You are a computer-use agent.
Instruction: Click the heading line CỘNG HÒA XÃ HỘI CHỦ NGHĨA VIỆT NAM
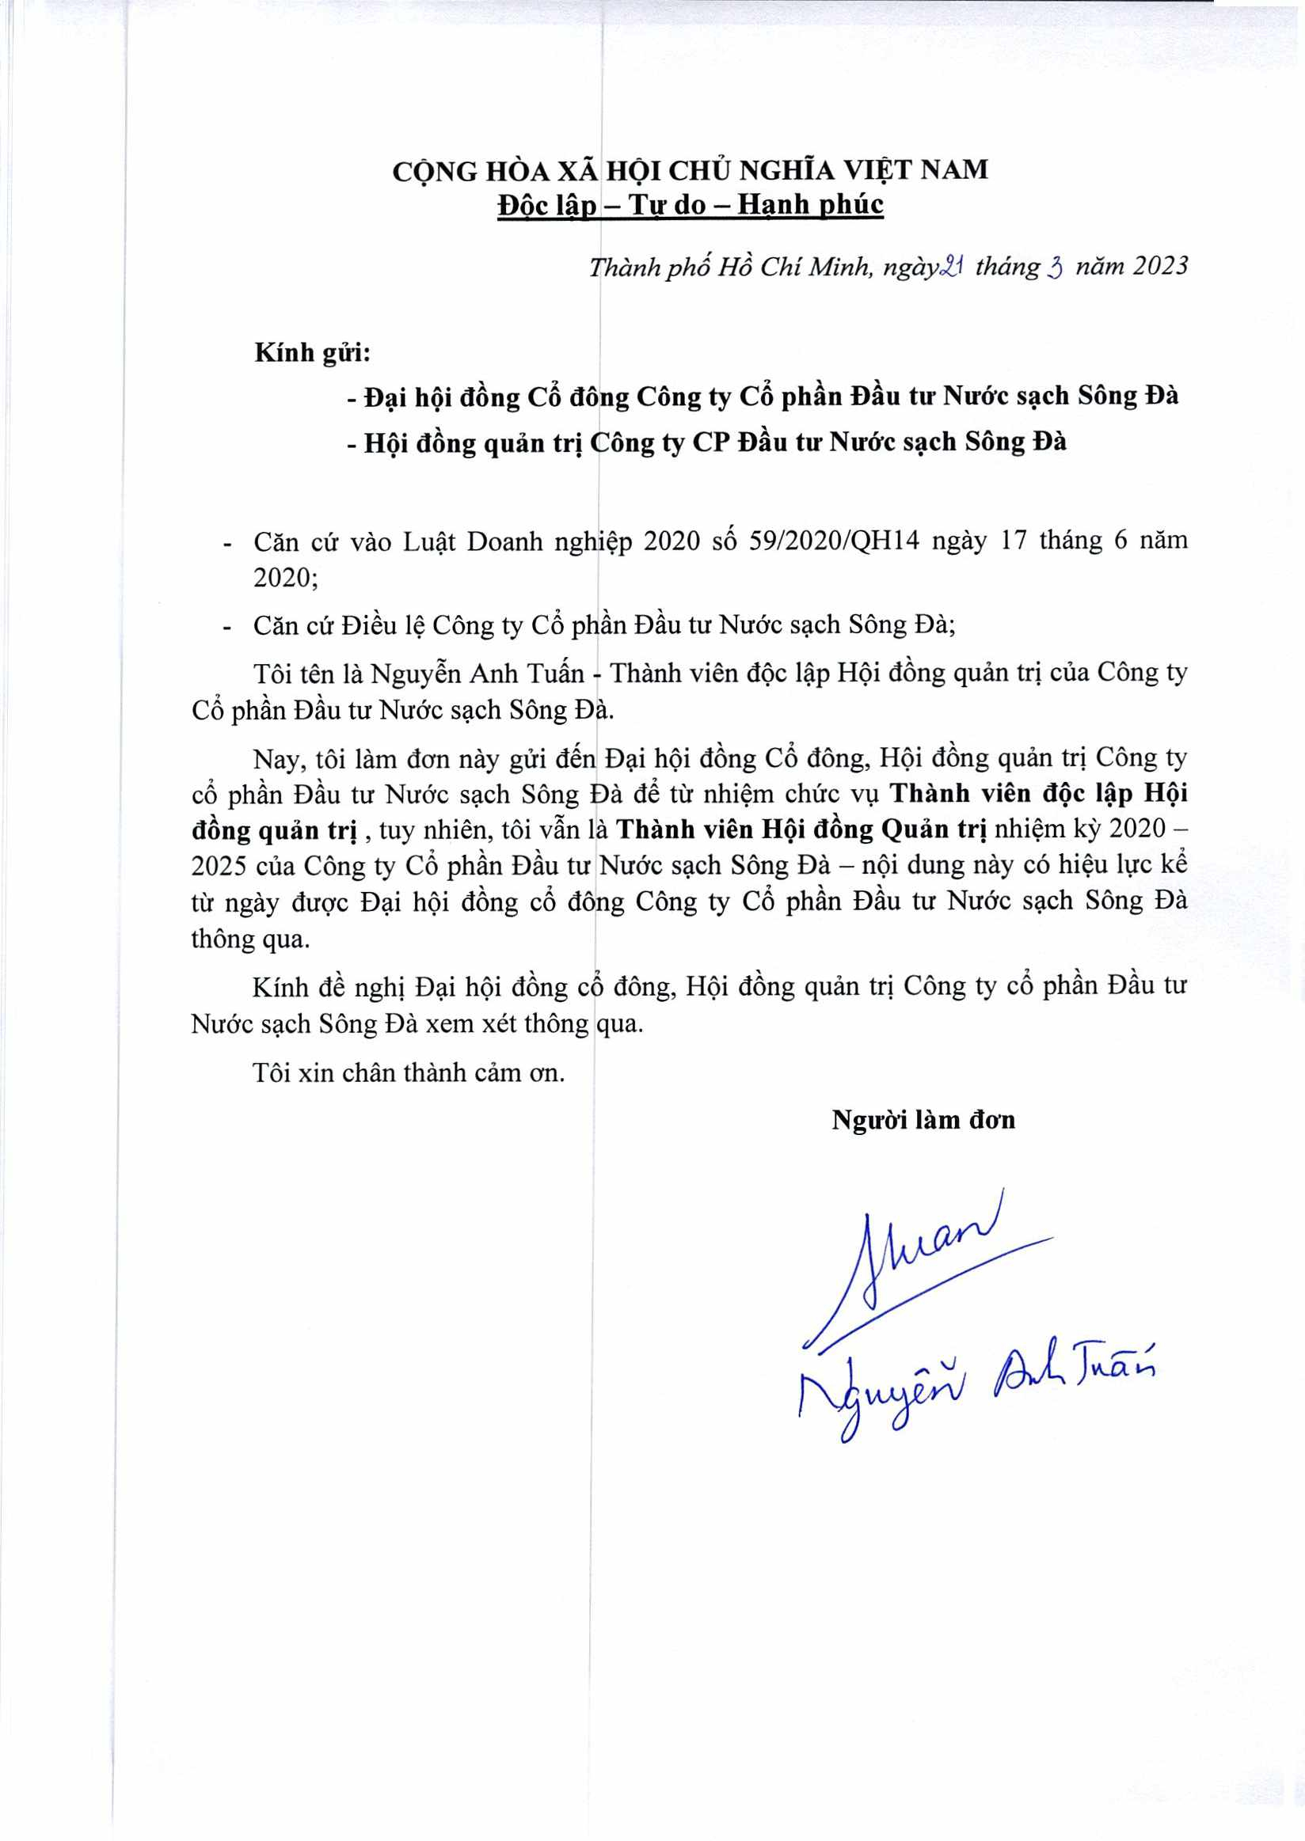tap(691, 170)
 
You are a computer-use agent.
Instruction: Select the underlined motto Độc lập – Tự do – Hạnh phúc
tap(691, 206)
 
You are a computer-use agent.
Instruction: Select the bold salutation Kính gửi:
tap(313, 353)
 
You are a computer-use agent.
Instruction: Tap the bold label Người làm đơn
tap(923, 1119)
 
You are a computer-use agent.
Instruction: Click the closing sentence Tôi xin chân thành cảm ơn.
tap(409, 1073)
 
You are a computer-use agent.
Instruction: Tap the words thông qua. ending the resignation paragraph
tap(250, 939)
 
